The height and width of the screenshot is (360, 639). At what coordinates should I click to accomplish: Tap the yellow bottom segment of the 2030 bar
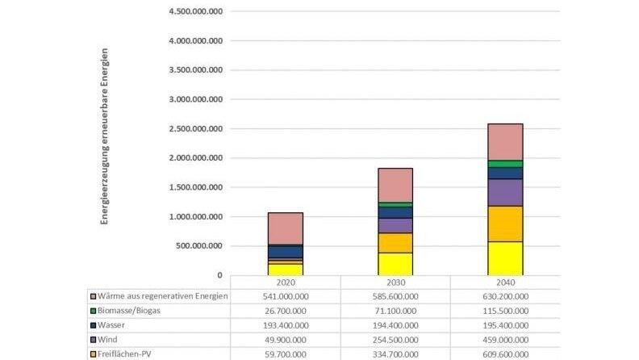[x=395, y=264]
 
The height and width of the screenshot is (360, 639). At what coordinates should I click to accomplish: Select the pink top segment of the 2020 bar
[x=286, y=228]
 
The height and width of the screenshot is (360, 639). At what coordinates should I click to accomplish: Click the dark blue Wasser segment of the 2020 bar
[x=286, y=252]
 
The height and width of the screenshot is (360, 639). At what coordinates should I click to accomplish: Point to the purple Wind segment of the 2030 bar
[x=395, y=225]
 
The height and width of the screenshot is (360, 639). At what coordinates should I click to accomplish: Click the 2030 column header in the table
[x=395, y=282]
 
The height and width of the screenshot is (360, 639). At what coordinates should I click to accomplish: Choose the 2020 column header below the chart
[x=286, y=282]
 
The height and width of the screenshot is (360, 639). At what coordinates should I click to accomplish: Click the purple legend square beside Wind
[x=94, y=339]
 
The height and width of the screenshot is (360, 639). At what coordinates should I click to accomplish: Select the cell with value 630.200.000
[x=505, y=295]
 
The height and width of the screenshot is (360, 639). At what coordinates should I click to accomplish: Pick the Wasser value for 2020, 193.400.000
[x=286, y=324]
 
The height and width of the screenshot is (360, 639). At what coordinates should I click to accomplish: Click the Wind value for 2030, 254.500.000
[x=395, y=339]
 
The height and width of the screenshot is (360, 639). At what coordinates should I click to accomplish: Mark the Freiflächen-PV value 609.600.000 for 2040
[x=505, y=354]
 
